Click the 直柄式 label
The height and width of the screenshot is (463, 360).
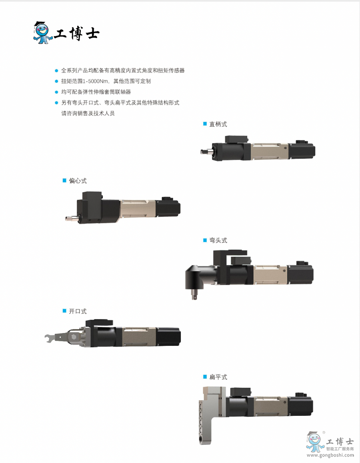pos(218,124)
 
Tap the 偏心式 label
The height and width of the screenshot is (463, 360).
pos(78,181)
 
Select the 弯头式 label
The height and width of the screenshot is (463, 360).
pos(218,240)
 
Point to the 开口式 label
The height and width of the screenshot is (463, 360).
pos(78,311)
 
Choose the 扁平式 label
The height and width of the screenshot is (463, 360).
pos(218,377)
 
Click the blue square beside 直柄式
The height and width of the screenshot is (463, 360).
pos(205,124)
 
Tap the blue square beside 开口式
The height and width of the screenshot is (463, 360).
pos(64,311)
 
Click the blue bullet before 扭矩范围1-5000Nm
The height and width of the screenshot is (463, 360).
pos(56,81)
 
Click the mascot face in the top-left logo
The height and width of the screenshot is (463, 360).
pos(42,30)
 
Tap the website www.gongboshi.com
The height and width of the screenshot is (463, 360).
pos(330,455)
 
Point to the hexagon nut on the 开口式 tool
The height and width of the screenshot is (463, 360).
pos(74,337)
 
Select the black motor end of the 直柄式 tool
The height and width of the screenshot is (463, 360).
pos(302,151)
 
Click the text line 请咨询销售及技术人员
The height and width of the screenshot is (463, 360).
pos(88,114)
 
